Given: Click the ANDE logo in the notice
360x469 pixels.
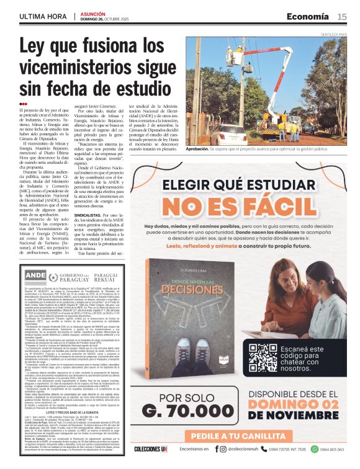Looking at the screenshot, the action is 37,275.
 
